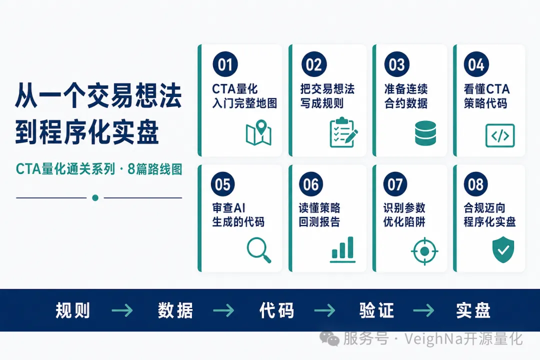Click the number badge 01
[x=225, y=64]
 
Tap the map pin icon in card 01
[x=258, y=132]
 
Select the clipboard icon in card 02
[x=343, y=132]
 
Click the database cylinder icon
[x=425, y=133]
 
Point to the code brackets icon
[x=500, y=135]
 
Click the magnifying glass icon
[x=259, y=250]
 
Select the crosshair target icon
[x=424, y=251]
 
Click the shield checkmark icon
[x=503, y=249]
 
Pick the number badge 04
[x=476, y=64]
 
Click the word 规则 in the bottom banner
[x=72, y=310]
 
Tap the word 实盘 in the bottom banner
[x=473, y=310]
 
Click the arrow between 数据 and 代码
[x=223, y=310]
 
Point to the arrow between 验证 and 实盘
[x=423, y=310]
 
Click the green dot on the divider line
[x=95, y=197]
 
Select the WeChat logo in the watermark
[x=329, y=338]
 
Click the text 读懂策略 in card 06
[x=319, y=207]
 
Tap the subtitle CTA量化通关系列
[x=65, y=169]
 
